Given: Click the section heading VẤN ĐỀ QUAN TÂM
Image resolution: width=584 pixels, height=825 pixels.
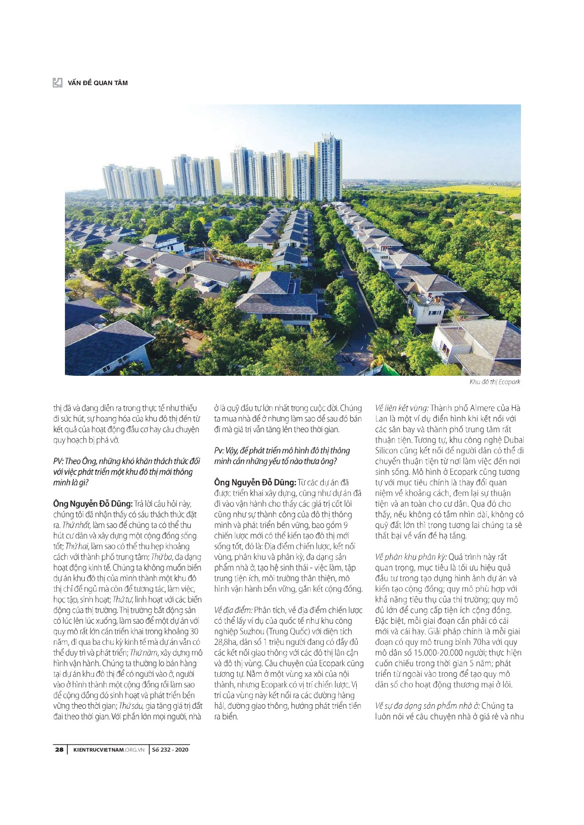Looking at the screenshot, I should point(97,83).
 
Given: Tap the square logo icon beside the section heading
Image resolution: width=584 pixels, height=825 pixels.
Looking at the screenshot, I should point(57,83).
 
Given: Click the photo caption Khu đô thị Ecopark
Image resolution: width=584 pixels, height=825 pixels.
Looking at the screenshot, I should point(495,382).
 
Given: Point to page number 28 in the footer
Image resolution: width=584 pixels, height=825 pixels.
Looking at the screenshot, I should point(59,749).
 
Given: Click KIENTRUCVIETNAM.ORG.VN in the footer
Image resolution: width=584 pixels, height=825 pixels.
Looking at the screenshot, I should point(109,749).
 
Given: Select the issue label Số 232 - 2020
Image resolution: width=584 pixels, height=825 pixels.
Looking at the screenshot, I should point(170,749).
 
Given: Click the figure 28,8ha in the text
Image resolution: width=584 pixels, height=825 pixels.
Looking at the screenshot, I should point(225,642).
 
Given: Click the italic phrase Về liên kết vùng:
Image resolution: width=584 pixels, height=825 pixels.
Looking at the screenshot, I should point(401,408).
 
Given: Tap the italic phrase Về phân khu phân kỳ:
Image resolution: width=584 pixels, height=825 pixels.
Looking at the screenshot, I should point(411,557).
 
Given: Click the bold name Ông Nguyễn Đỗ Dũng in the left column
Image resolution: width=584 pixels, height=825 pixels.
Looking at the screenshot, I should point(93,504).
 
